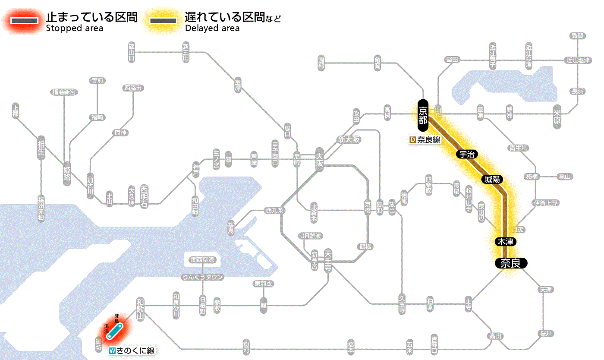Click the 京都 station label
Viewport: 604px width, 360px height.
pyautogui.click(x=423, y=115)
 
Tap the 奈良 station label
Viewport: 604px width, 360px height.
pyautogui.click(x=510, y=263)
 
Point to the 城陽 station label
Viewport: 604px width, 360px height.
pyautogui.click(x=492, y=179)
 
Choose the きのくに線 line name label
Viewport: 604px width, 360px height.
pyautogui.click(x=132, y=351)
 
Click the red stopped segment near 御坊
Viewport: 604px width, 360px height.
pyautogui.click(x=114, y=330)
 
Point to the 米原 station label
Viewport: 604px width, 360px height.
pyautogui.click(x=557, y=116)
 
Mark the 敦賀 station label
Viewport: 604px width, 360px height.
pyautogui.click(x=578, y=36)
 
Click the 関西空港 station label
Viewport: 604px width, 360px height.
pyautogui.click(x=202, y=260)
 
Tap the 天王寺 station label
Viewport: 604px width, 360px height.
pyautogui.click(x=327, y=261)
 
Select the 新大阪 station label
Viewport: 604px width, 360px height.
pyautogui.click(x=349, y=140)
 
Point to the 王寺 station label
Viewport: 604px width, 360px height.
pyautogui.click(x=469, y=303)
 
